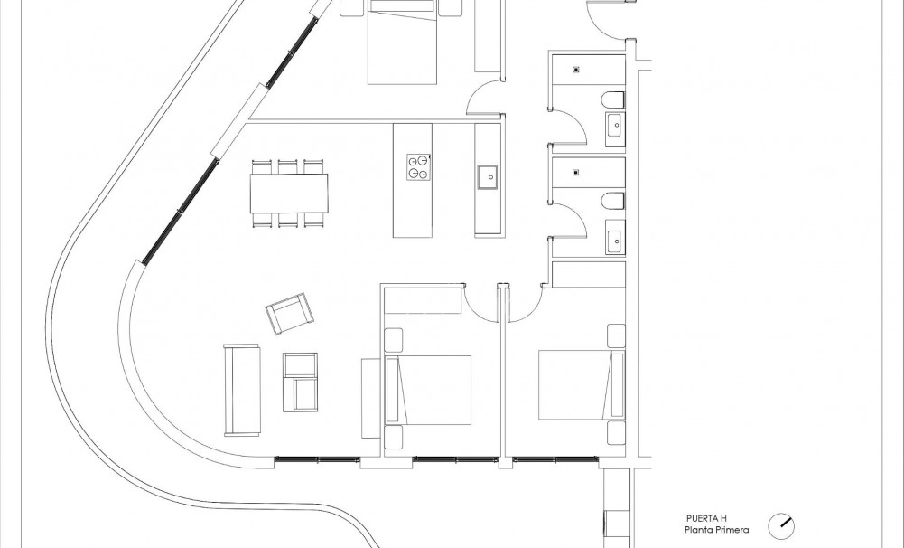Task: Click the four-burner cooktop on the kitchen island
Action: [x=417, y=165]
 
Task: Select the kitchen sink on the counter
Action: [x=488, y=177]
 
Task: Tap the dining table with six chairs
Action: [x=289, y=193]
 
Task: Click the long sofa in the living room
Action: [x=242, y=390]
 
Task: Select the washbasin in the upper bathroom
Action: [x=615, y=128]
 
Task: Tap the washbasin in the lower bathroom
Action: [x=615, y=240]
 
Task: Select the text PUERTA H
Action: [x=706, y=518]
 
